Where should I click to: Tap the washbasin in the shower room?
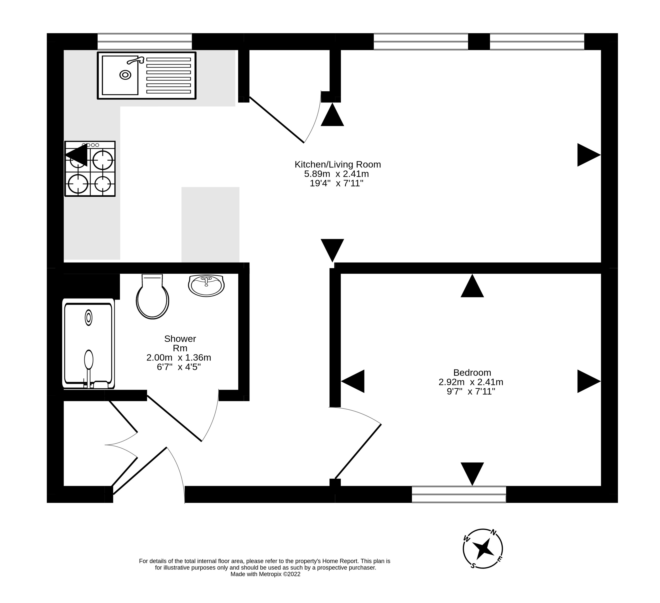point(206,285)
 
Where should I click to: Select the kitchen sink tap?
point(136,60)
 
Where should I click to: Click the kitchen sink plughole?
point(125,75)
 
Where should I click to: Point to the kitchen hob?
point(90,169)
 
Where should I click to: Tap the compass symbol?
point(483,548)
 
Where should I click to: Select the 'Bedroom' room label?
point(472,372)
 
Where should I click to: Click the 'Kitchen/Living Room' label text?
point(338,164)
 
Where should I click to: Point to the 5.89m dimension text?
point(317,174)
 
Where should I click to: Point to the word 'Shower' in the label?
point(180,339)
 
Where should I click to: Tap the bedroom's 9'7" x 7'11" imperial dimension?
point(471,391)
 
